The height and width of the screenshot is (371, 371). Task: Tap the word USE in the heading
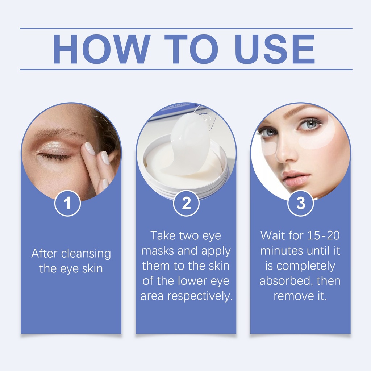tap(275, 49)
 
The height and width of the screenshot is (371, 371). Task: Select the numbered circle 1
tap(67, 203)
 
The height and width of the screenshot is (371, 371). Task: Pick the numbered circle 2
tap(186, 203)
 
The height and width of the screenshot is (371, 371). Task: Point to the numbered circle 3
tap(300, 203)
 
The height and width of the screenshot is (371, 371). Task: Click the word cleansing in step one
tap(86, 254)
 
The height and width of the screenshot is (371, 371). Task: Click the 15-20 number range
tap(324, 235)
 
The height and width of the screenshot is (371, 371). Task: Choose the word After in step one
tap(45, 253)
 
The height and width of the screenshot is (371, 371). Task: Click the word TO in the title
tap(191, 49)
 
